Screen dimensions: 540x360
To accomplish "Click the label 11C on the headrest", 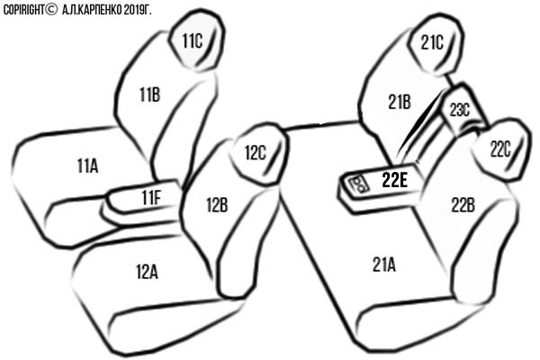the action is pyautogui.click(x=193, y=41).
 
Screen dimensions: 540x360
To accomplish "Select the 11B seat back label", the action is pyautogui.click(x=149, y=94).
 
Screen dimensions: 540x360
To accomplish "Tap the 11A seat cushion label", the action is pyautogui.click(x=88, y=166).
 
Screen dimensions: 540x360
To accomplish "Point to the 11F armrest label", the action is pyautogui.click(x=151, y=198).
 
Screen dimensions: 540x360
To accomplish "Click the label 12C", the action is pyautogui.click(x=256, y=152).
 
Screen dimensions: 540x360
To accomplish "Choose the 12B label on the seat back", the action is pyautogui.click(x=217, y=204).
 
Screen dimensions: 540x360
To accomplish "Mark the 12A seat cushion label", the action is pyautogui.click(x=147, y=272).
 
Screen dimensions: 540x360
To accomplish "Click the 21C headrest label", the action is pyautogui.click(x=432, y=42).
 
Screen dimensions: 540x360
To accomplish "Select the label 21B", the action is pyautogui.click(x=400, y=102).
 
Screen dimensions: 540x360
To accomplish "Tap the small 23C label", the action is pyautogui.click(x=460, y=110).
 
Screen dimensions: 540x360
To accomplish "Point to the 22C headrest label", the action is pyautogui.click(x=500, y=149).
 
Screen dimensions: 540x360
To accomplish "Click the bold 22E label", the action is pyautogui.click(x=395, y=180).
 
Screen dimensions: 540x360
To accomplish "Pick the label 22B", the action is pyautogui.click(x=463, y=205).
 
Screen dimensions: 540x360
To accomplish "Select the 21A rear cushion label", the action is pyautogui.click(x=384, y=265).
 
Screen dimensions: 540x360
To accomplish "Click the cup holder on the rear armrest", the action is pyautogui.click(x=358, y=184).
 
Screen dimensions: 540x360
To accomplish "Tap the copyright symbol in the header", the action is pyautogui.click(x=51, y=10).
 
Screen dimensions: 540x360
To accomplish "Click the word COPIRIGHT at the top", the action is pyautogui.click(x=23, y=10).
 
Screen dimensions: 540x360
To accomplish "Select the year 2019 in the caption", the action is pyautogui.click(x=132, y=10).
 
